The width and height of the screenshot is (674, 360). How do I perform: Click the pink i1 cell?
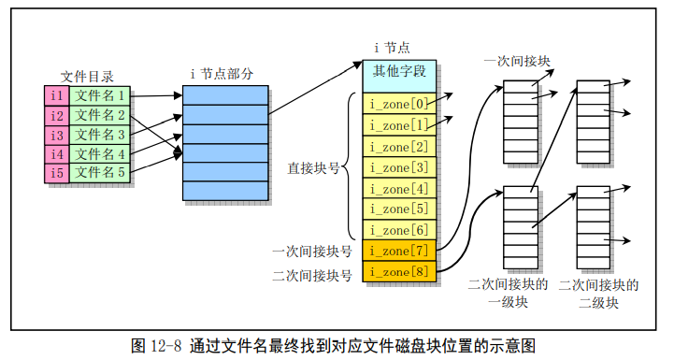56,95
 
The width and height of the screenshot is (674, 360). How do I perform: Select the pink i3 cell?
56,135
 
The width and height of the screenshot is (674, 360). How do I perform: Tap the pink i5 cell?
56,173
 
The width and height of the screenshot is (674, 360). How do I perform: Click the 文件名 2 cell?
101,115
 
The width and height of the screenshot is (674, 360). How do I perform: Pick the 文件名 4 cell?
101,154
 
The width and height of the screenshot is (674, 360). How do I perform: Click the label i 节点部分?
222,74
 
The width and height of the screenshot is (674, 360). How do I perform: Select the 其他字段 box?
399,70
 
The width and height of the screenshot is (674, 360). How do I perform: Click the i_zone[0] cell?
399,103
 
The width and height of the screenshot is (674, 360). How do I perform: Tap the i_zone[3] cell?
399,167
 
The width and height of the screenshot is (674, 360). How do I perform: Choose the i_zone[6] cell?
399,230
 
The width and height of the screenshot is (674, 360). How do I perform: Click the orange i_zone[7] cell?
399,251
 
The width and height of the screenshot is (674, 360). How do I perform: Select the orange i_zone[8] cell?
399,272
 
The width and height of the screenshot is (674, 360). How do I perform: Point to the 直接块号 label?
313,168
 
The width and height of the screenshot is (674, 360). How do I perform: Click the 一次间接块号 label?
312,252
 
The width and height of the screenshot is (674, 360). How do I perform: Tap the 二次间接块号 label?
312,275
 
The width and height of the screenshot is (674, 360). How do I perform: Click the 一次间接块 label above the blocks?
516,61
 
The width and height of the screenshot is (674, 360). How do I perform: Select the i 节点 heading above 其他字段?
392,48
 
